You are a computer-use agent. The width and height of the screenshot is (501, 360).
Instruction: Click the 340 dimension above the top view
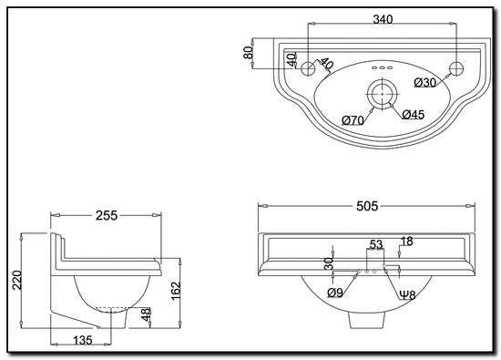tap(383, 19)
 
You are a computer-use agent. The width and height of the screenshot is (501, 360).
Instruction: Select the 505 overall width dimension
tap(367, 206)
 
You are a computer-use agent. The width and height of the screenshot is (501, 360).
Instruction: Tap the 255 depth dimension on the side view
tap(107, 215)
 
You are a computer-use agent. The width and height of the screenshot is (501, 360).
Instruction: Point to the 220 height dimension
tap(17, 280)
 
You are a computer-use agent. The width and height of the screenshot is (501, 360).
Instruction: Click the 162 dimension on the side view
tap(176, 291)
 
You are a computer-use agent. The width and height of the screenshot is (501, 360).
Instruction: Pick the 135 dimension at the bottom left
tap(82, 340)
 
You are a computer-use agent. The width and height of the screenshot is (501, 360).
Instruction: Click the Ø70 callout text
tap(353, 120)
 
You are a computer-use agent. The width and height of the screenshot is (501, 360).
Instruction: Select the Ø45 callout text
tap(414, 114)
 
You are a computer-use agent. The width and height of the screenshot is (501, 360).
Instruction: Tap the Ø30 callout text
tap(425, 83)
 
